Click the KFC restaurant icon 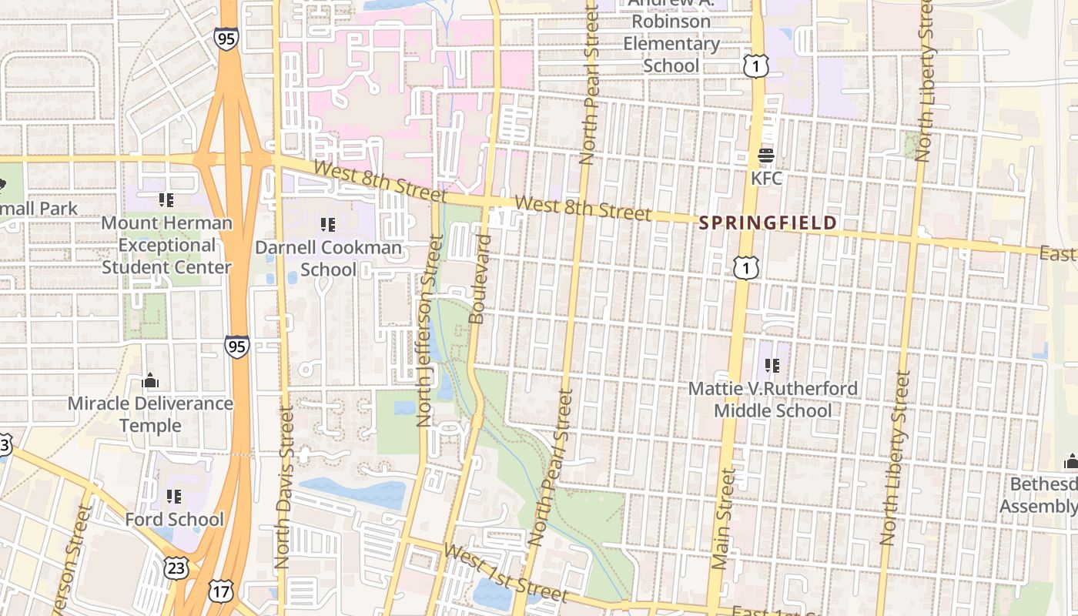[x=766, y=156]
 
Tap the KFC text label [x=766, y=179]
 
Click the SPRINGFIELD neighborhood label [x=768, y=223]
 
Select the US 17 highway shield [x=220, y=591]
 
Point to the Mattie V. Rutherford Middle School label [x=772, y=399]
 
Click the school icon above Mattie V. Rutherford [x=772, y=366]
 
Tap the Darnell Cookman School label [x=329, y=259]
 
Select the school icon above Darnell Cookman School [x=328, y=225]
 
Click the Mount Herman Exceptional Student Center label [x=166, y=245]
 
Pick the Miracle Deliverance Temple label [x=150, y=414]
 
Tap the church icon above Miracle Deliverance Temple [x=150, y=380]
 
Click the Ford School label [x=175, y=520]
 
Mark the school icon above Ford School [x=175, y=497]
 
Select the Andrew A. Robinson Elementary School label [x=671, y=32]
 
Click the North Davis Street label [x=285, y=488]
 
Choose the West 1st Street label [x=505, y=574]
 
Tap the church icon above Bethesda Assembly [x=1070, y=461]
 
